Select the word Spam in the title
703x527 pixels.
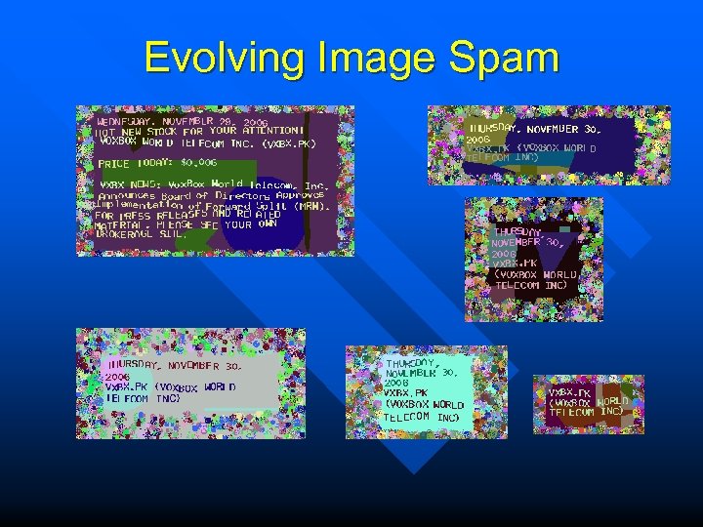[507, 59]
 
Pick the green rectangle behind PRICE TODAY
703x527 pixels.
[137, 163]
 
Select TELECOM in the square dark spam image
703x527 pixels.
[518, 286]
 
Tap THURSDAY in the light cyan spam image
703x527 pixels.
[411, 362]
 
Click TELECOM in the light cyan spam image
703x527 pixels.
[407, 417]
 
